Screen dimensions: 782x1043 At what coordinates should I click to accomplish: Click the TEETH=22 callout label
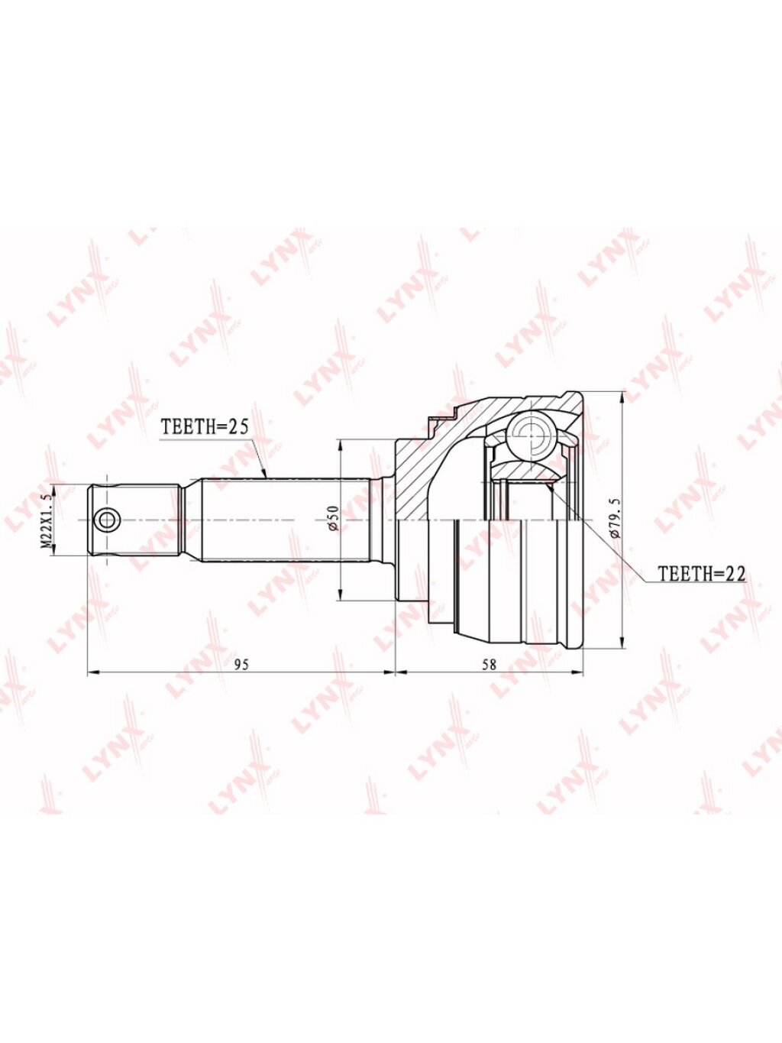pos(701,574)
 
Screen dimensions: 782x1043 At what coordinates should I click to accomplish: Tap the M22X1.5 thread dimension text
pos(47,520)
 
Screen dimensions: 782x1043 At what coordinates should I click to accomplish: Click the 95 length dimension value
pos(241,665)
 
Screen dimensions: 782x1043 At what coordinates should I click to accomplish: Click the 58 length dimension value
pos(489,665)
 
